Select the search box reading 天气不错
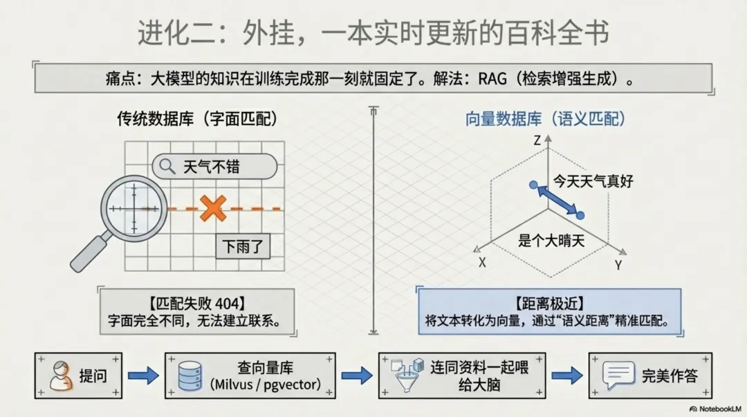pos(215,166)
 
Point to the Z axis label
pos(536,140)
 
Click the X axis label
pos(482,263)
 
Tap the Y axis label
pos(618,265)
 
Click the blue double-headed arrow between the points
pos(557,201)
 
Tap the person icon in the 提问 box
pos(62,376)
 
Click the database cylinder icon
pos(190,376)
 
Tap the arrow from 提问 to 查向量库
pos(143,376)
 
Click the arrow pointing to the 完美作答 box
pos(566,376)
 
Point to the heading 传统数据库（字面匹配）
pos(197,119)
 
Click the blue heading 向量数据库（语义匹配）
pos(546,119)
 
